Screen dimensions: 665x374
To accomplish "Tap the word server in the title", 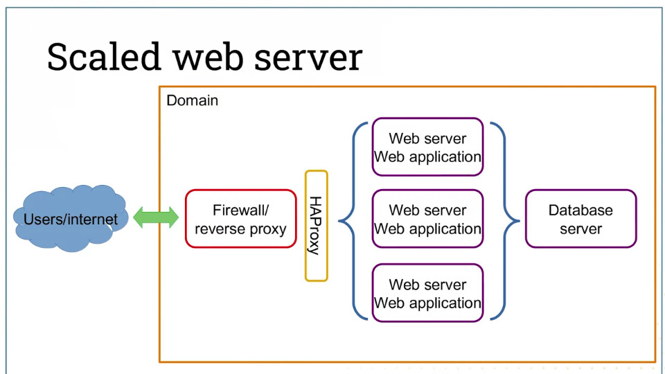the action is tap(308, 57).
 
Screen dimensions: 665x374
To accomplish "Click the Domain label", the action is tap(192, 100).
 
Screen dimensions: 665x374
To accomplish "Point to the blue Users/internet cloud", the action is tap(71, 218).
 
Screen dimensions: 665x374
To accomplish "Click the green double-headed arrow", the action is tap(156, 217).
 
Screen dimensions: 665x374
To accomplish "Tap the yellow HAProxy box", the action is tap(317, 226).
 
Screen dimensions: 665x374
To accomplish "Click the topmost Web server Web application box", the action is tap(427, 147).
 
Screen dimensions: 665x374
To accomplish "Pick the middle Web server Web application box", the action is tap(427, 219).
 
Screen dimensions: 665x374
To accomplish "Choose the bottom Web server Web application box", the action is tap(427, 293).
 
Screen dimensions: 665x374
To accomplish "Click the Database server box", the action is tap(580, 219).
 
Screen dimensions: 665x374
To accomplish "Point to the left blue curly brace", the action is tap(339, 221).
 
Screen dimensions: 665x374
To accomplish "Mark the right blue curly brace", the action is tap(518, 221).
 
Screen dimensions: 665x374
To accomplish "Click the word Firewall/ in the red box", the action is tap(240, 210).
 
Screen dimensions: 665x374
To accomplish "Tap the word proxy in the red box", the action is tap(268, 229).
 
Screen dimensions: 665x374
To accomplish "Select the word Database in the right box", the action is tap(580, 210).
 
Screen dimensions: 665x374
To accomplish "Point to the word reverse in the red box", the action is tap(220, 229).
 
